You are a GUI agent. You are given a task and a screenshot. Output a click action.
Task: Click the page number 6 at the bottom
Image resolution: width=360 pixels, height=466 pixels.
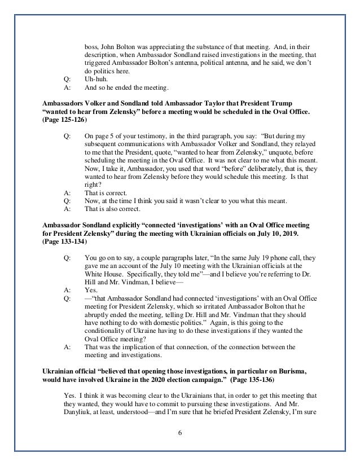click(180, 431)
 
